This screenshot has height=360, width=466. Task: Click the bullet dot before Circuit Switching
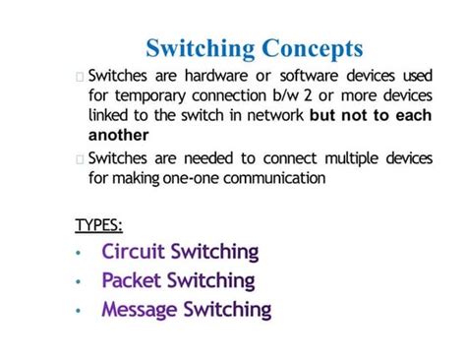coord(80,254)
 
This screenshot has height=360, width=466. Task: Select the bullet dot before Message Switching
coord(80,312)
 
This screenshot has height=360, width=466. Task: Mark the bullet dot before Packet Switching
coord(80,283)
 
